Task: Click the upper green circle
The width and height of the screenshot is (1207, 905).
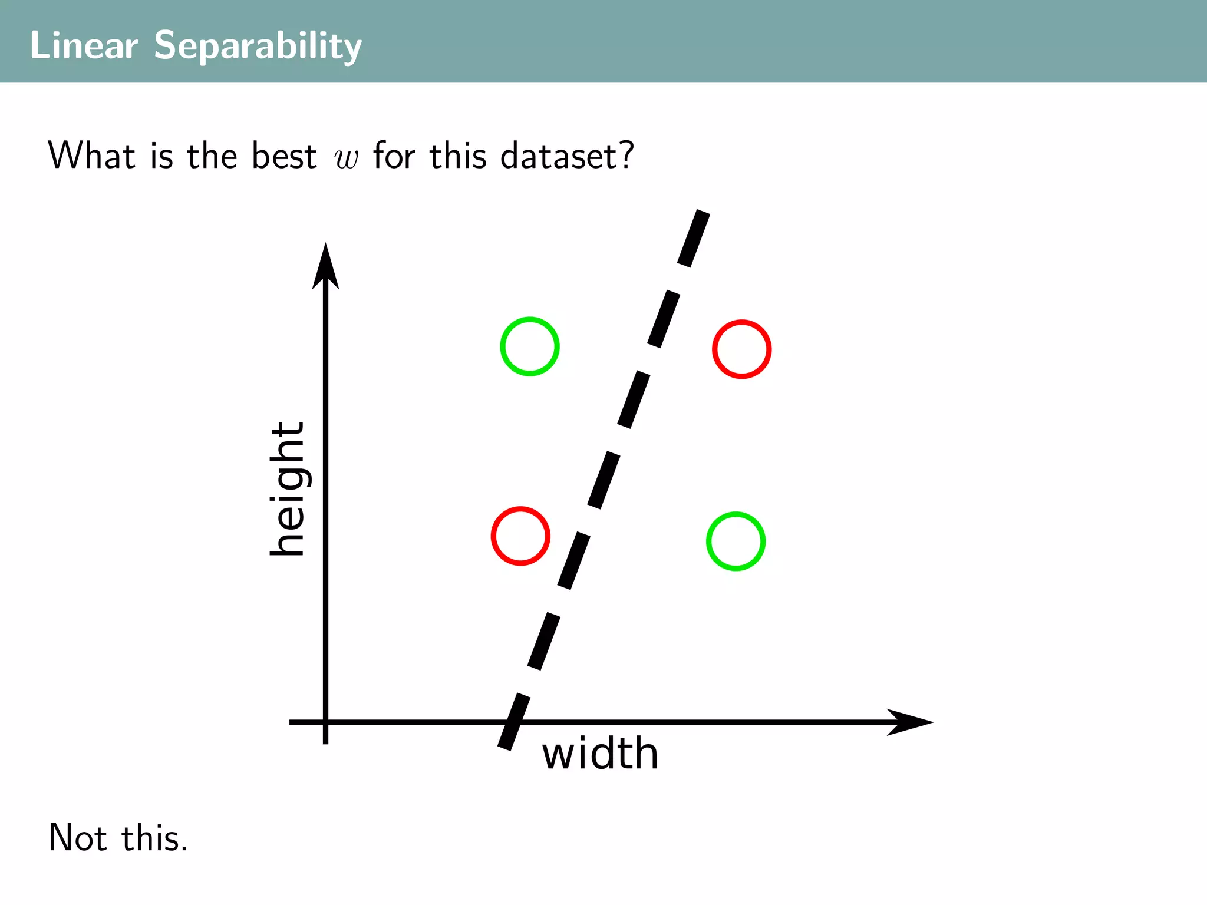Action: [x=530, y=346]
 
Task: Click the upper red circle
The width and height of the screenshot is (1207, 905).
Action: [x=741, y=349]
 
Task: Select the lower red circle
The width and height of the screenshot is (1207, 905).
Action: [x=520, y=536]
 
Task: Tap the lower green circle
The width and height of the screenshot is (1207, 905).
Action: [x=736, y=541]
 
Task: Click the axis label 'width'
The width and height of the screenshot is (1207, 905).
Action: [x=600, y=754]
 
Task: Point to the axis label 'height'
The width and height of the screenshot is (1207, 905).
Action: [x=288, y=488]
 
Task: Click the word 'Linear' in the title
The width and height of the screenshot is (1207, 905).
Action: [x=84, y=45]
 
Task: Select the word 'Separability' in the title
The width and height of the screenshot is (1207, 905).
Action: [x=258, y=46]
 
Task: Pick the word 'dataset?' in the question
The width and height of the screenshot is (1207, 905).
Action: [x=567, y=156]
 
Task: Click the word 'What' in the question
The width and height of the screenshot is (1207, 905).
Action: [x=92, y=156]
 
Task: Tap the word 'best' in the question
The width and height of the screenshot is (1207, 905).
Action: [x=284, y=156]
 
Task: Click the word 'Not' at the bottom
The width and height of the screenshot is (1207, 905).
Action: [x=77, y=837]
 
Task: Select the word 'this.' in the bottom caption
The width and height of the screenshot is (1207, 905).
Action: [x=154, y=837]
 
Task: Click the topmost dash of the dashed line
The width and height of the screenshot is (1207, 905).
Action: [x=694, y=238]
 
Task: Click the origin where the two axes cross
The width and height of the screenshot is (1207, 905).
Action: [x=325, y=722]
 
